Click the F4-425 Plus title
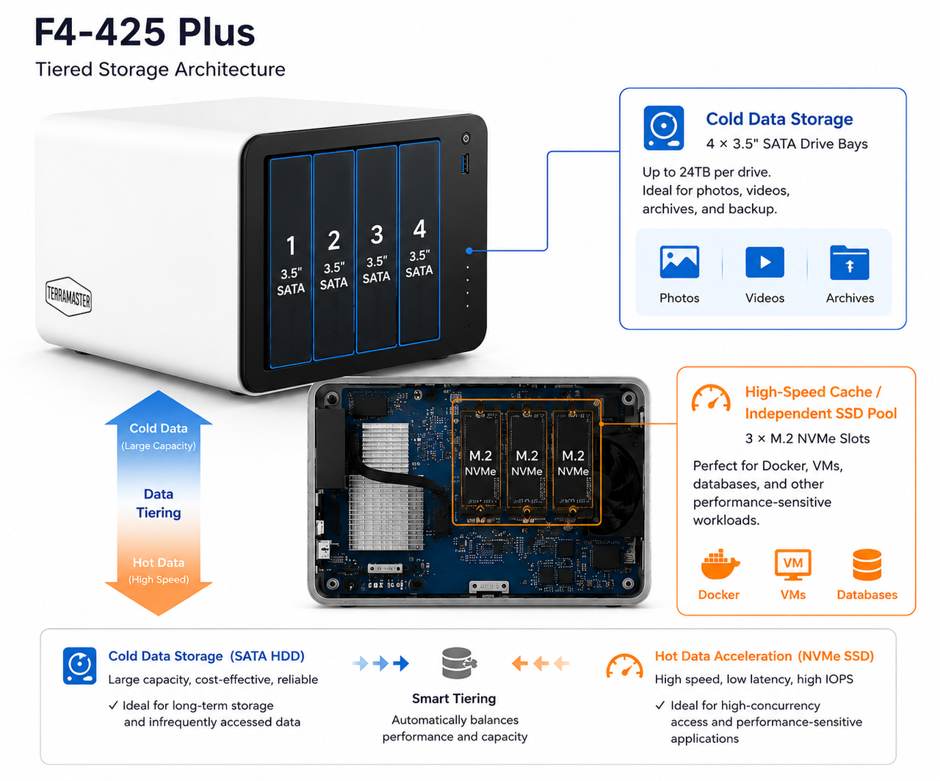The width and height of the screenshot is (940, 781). point(145,32)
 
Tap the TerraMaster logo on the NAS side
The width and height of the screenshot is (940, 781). point(68,297)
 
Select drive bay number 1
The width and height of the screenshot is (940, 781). point(290,262)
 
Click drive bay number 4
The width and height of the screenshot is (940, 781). point(419,243)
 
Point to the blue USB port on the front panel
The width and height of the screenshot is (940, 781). point(465,164)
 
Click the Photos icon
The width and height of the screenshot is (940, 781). point(679,262)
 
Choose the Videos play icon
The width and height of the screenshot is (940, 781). point(764,262)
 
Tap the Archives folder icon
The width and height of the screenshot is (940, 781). point(850,262)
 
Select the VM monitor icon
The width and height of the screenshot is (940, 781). point(793,564)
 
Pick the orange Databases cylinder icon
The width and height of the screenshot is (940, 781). point(867,565)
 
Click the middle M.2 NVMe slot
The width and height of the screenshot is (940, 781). point(527,463)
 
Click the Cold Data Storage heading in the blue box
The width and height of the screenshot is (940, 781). point(779,119)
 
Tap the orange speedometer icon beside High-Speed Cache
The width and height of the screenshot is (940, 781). point(711,398)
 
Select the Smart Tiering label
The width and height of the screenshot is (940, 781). point(454,698)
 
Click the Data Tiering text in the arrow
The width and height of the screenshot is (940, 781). point(159,503)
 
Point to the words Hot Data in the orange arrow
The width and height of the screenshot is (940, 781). point(159,563)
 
